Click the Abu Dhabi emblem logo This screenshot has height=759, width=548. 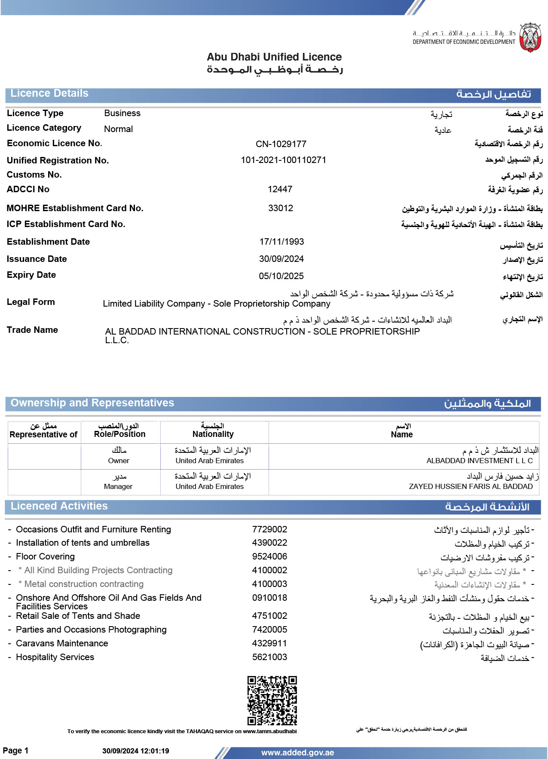coord(530,38)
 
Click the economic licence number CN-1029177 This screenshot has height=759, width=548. coord(281,144)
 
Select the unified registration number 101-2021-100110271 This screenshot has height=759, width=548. coord(283,160)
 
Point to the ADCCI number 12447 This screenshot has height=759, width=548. coord(280,189)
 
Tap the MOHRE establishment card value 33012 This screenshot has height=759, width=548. coord(281,208)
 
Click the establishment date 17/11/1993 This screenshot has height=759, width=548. coord(282,242)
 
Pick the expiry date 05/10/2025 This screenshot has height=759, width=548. coord(281,276)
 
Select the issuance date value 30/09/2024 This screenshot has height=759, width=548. coord(281,259)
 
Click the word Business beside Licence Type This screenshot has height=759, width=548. coord(122,113)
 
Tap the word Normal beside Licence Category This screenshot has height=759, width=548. coord(118,129)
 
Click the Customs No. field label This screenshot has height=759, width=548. coord(34,175)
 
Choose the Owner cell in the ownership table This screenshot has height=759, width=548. coord(119,461)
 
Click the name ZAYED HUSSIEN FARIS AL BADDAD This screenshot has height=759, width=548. coord(471,486)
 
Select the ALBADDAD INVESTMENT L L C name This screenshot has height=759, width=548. coord(479,461)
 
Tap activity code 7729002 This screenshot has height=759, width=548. coord(269,529)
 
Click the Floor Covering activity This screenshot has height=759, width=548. coord(45,556)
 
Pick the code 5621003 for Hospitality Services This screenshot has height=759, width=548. coord(269,657)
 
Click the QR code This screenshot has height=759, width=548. coord(272,701)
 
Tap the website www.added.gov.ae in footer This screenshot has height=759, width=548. coord(297,753)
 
